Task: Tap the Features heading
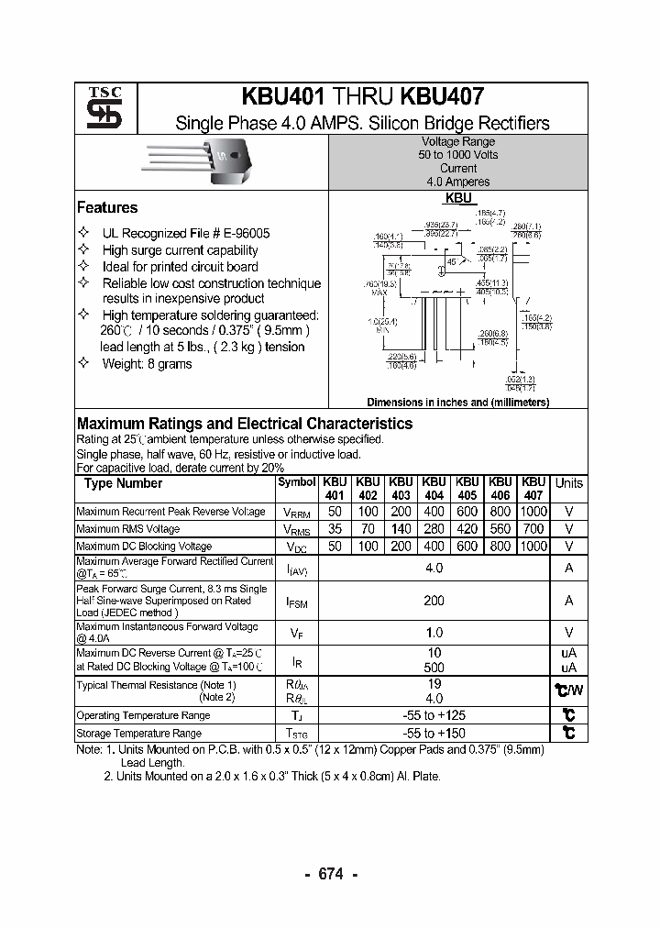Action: click(x=107, y=208)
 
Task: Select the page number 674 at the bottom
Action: click(x=330, y=874)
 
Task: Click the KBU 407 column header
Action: click(x=533, y=488)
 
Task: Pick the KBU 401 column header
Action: click(x=335, y=488)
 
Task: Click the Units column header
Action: click(x=568, y=483)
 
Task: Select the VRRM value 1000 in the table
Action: click(x=533, y=512)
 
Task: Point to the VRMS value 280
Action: click(x=434, y=529)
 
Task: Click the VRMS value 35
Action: click(x=335, y=529)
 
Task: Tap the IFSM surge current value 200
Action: click(x=434, y=601)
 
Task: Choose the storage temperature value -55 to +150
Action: click(x=434, y=733)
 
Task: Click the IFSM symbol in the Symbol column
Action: click(x=296, y=602)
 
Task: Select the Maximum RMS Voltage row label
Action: click(x=128, y=529)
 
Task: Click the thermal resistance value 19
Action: click(x=434, y=684)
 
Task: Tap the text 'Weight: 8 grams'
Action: click(x=147, y=364)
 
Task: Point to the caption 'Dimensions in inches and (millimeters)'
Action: click(x=457, y=403)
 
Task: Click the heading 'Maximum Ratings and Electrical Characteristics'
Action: click(x=244, y=424)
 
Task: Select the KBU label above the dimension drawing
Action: click(x=458, y=197)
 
